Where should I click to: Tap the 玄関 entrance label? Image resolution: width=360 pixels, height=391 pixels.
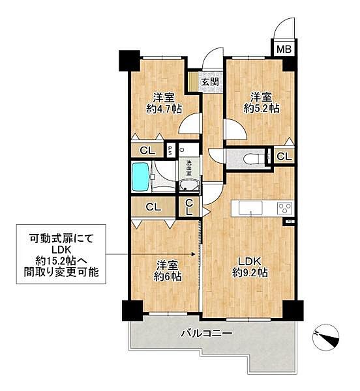pos(209,82)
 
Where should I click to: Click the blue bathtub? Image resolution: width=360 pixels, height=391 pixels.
pos(142,177)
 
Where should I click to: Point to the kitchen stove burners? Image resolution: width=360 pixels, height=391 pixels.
pos(284,208)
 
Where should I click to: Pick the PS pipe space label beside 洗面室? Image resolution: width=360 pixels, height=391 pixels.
pos(170,150)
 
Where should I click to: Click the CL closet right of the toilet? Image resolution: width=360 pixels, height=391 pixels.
pos(284,156)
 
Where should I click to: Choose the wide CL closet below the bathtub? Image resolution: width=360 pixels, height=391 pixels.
pos(153,208)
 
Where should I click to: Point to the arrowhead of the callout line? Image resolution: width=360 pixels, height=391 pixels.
pos(194,255)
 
